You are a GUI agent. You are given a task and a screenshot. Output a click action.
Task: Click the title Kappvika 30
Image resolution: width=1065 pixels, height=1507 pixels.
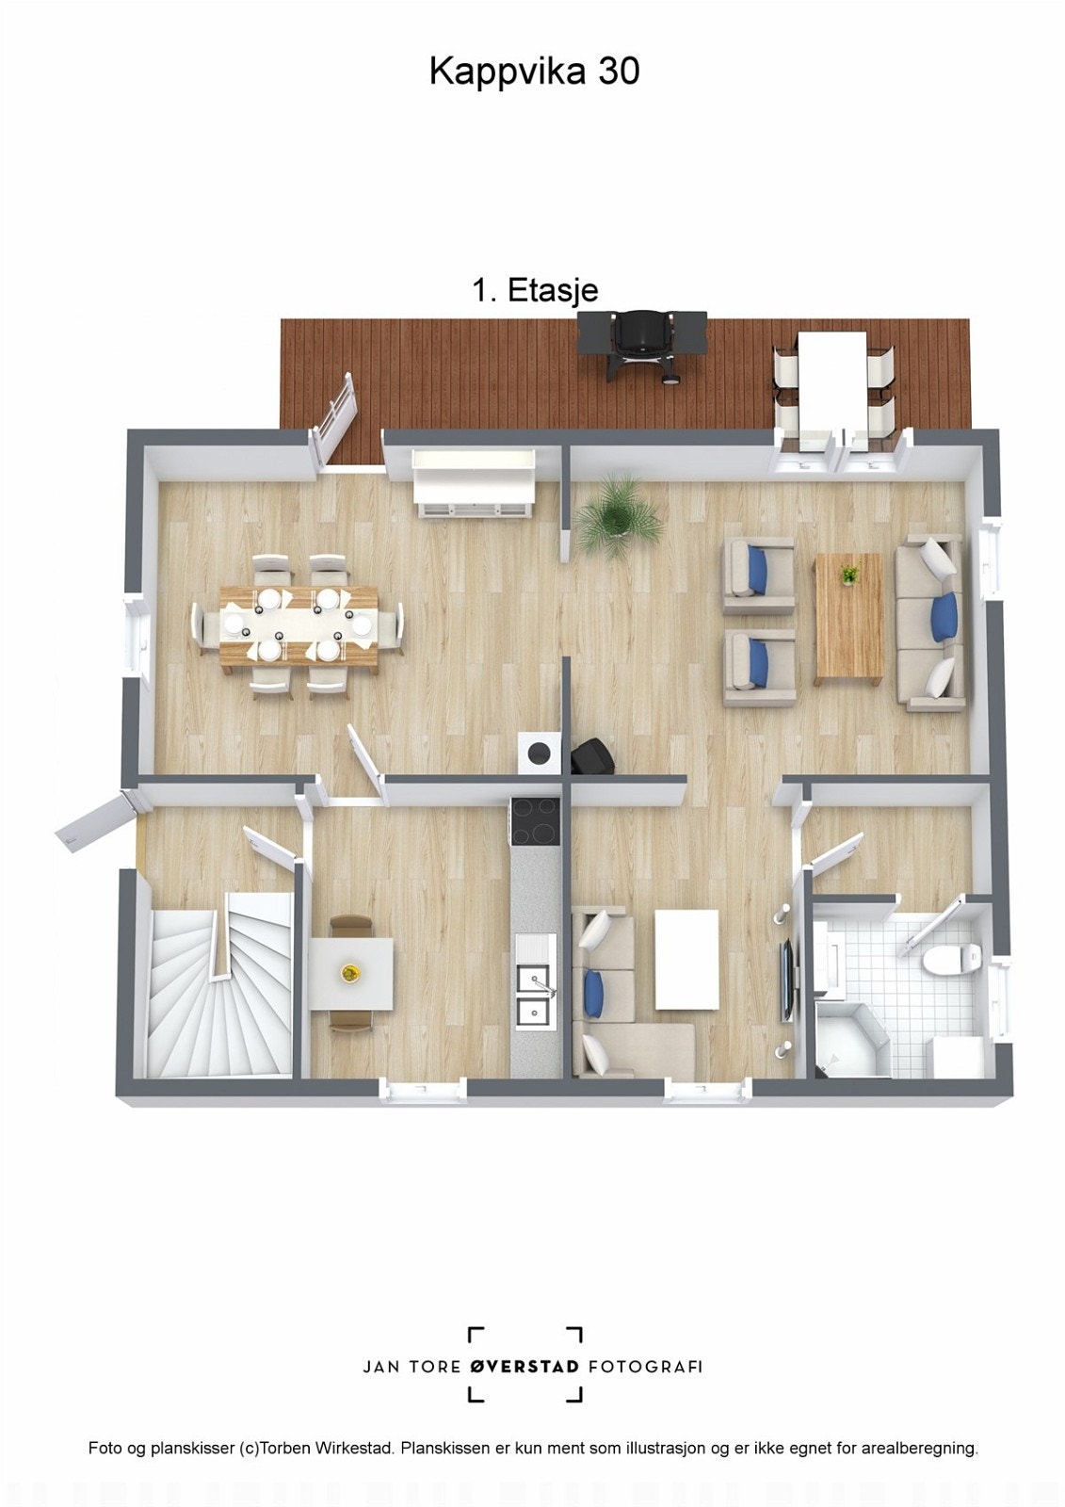[534, 72]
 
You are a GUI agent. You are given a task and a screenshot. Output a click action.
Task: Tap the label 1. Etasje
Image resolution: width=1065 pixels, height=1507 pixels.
[534, 290]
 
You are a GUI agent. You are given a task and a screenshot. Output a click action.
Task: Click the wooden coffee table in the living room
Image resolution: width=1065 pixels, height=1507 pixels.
[848, 617]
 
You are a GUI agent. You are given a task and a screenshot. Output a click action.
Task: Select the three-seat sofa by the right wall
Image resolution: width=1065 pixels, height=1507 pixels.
[928, 622]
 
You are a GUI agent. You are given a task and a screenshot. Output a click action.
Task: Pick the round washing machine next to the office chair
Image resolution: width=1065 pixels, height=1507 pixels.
[539, 753]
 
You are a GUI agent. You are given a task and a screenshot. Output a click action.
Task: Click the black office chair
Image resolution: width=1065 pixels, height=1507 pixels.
[591, 755]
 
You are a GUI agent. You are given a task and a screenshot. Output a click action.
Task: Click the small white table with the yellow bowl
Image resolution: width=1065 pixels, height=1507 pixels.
[351, 973]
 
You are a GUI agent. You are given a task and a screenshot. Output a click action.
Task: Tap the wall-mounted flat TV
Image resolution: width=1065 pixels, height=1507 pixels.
[785, 980]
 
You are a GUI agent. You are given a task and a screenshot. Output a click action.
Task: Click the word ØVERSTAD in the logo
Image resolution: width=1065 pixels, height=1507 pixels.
[524, 1366]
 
